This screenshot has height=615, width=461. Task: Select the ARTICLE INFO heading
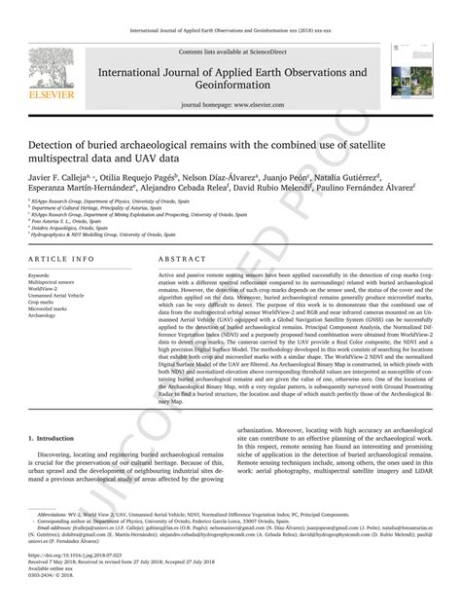point(62,260)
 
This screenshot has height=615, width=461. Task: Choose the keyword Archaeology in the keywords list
point(48,315)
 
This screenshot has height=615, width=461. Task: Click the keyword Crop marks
point(47,302)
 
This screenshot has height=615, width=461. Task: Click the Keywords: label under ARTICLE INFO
point(45,275)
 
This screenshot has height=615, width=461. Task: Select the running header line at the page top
point(230,17)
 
